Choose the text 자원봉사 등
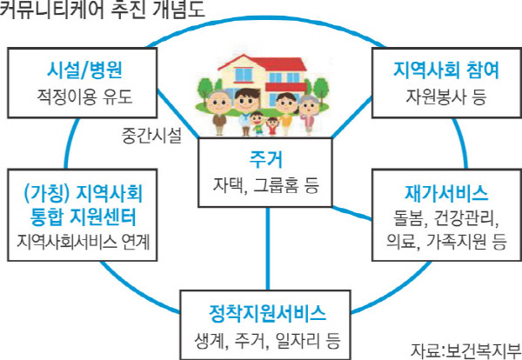[435, 96]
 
